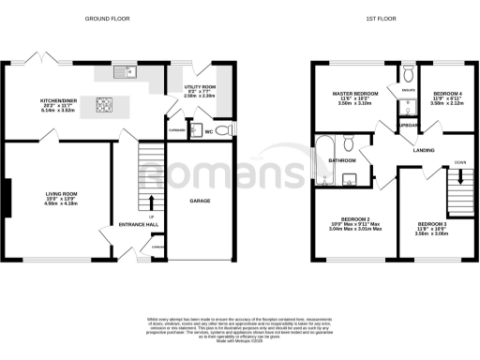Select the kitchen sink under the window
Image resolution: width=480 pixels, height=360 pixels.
[x=123, y=72]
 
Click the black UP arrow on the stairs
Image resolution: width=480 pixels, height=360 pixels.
[x=152, y=202]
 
